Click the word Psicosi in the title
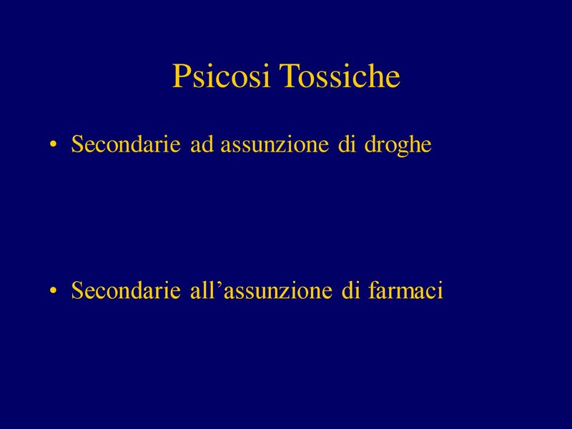click(x=221, y=76)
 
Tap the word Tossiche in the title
click(x=340, y=76)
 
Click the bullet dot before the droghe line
click(x=54, y=144)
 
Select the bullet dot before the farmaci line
click(x=54, y=291)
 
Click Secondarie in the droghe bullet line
click(x=126, y=144)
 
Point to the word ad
click(x=202, y=144)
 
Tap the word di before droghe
click(x=347, y=144)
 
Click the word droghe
click(x=398, y=146)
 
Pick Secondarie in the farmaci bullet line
click(x=126, y=290)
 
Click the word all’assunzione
click(x=261, y=290)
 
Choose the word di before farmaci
click(x=350, y=290)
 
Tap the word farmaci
click(x=405, y=290)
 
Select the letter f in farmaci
click(x=373, y=290)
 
